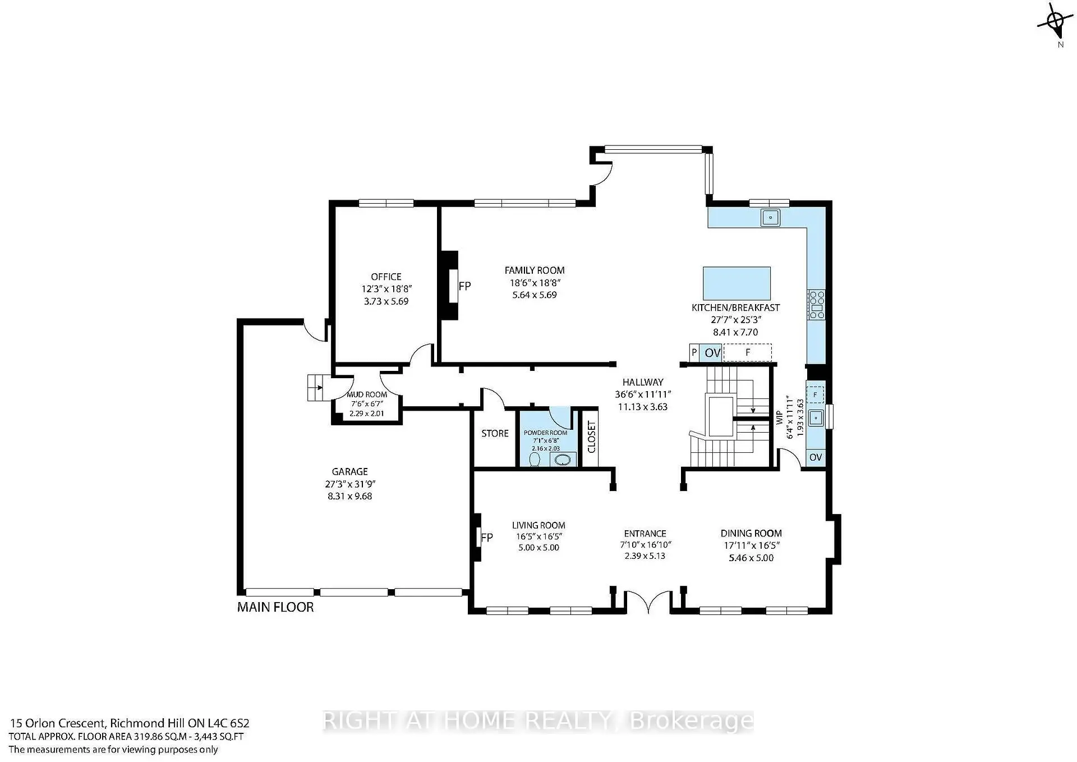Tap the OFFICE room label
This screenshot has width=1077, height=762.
point(386,277)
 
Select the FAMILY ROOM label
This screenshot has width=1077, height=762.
point(534,270)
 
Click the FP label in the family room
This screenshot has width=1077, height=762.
point(464,286)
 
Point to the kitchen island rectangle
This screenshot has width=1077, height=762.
point(737,283)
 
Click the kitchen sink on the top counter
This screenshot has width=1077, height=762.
point(771,217)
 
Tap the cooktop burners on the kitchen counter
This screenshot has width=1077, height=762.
point(816,305)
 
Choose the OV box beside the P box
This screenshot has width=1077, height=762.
point(712,353)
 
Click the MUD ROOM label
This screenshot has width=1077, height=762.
point(367,395)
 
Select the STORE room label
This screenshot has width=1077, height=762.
point(495,434)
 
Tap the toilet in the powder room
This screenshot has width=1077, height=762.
point(535,460)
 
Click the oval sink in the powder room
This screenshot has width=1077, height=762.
point(563,460)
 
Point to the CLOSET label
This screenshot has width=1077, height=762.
point(591,437)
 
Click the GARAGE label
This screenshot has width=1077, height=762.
point(349,472)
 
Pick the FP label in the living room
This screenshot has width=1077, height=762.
point(487,538)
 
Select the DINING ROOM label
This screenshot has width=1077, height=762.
point(751,534)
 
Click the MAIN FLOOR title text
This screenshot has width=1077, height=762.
point(275,607)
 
